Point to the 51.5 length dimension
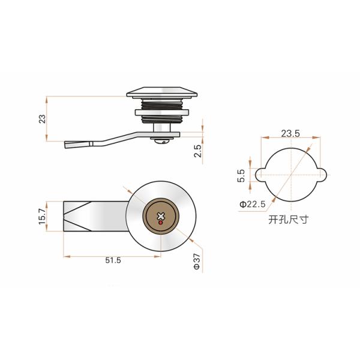click(112, 260)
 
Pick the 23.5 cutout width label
click(289, 133)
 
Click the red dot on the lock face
click(160, 222)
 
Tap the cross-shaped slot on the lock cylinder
click(160, 215)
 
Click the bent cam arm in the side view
click(108, 142)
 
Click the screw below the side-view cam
click(160, 141)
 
